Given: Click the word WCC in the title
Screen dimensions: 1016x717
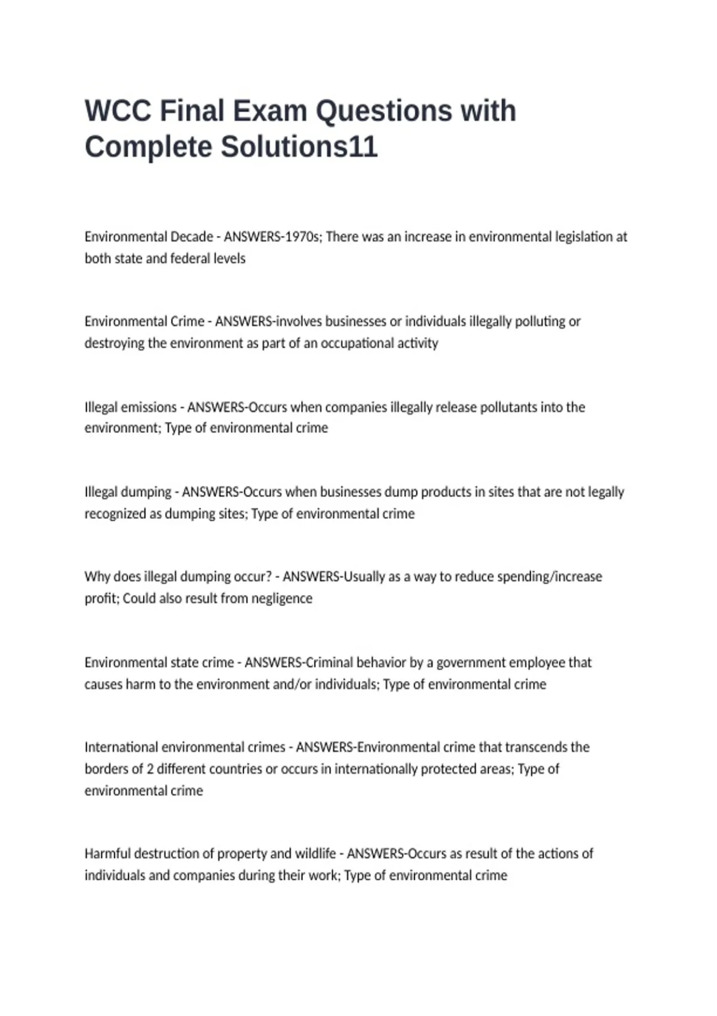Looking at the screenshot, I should tap(118, 111).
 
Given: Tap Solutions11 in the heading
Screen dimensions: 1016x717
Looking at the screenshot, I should tap(299, 147).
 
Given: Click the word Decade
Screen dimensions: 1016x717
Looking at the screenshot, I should tap(192, 237).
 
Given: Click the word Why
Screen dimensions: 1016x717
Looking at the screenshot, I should tap(97, 577).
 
